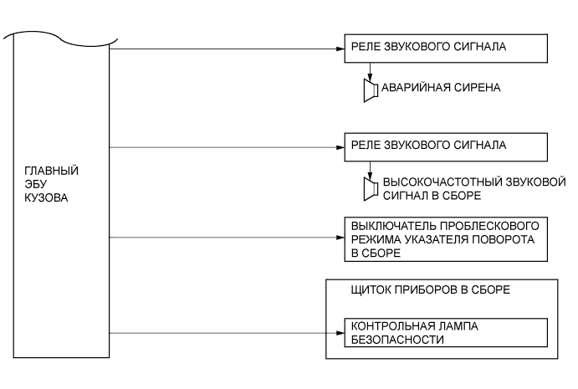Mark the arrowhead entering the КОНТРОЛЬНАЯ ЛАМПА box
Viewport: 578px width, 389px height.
340,332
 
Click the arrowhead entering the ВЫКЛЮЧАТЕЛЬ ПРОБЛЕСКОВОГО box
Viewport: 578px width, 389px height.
340,238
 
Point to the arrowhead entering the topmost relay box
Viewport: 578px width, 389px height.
340,49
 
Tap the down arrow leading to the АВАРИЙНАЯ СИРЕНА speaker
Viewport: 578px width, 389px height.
370,74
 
